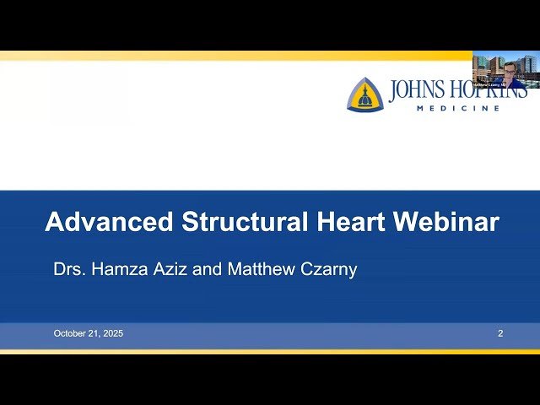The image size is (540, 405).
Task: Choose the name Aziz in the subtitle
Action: tap(165, 270)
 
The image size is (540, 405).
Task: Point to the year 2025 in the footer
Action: tap(112, 333)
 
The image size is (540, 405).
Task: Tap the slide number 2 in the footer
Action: tap(500, 333)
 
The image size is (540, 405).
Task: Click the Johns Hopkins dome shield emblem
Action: tap(364, 94)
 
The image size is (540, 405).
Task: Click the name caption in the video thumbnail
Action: tap(488, 85)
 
